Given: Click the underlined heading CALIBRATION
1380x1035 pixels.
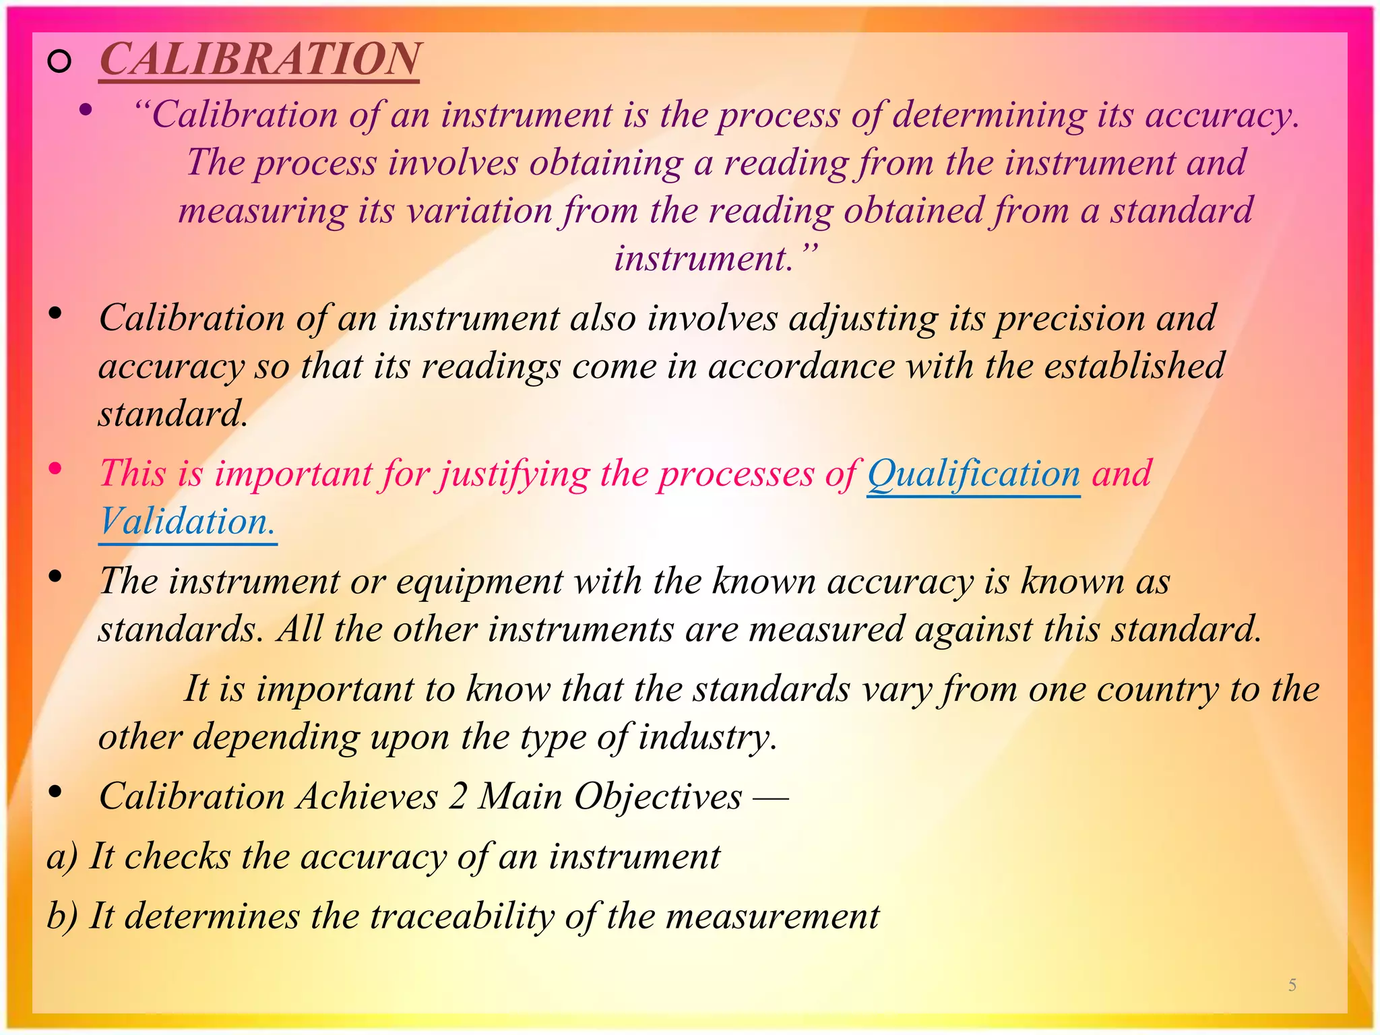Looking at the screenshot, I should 260,59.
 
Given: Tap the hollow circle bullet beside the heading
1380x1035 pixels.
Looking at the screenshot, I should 60,62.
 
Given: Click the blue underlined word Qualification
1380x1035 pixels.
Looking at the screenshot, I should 974,474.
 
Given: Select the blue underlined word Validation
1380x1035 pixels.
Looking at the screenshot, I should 187,522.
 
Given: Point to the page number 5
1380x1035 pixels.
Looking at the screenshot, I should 1292,985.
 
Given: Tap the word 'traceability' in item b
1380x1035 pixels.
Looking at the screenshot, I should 462,916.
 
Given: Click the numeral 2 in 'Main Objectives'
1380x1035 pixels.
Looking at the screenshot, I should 458,796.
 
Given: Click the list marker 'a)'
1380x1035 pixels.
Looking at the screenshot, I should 62,857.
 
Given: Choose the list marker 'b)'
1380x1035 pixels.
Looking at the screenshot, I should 62,916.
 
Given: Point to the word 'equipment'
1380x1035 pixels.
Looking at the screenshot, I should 479,582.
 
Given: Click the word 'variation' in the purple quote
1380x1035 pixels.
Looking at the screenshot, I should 480,211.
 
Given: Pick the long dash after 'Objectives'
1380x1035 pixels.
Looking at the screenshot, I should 770,798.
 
